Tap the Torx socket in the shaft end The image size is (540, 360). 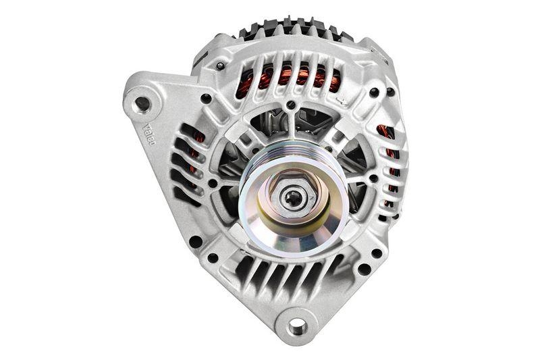point(295,197)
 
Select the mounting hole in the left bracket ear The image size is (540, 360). point(142,103)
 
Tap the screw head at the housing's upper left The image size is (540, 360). point(220,66)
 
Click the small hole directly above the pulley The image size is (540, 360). point(290,105)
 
